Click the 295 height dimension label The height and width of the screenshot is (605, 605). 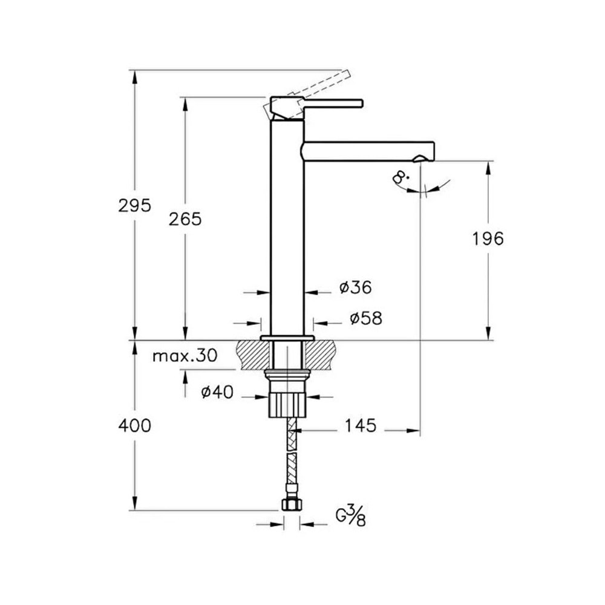134,206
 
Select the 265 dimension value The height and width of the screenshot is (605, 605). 185,219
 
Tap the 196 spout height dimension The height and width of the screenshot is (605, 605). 488,238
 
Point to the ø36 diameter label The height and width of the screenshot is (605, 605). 355,288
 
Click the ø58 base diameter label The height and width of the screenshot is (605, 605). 366,318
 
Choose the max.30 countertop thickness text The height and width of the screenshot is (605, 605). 184,356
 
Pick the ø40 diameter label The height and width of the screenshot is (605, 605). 217,393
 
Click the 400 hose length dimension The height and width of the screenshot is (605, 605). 134,426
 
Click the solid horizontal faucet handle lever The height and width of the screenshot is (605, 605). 333,103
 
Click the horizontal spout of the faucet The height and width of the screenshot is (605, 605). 369,151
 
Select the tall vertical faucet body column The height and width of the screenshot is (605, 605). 287,230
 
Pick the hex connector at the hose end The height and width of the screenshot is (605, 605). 291,505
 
